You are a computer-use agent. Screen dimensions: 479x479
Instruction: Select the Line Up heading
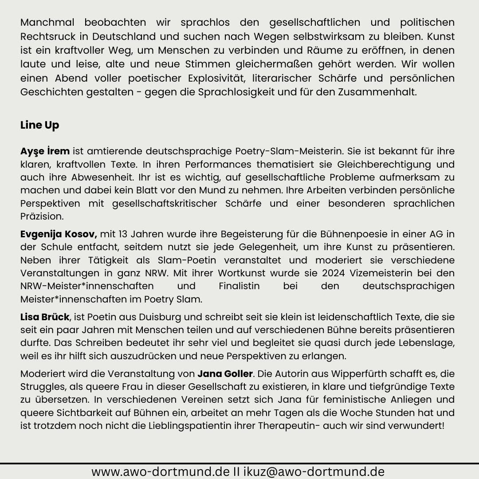pos(39,126)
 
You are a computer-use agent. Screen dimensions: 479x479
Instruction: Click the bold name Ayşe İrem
pos(45,151)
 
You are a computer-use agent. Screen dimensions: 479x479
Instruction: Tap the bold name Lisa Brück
pos(45,317)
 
